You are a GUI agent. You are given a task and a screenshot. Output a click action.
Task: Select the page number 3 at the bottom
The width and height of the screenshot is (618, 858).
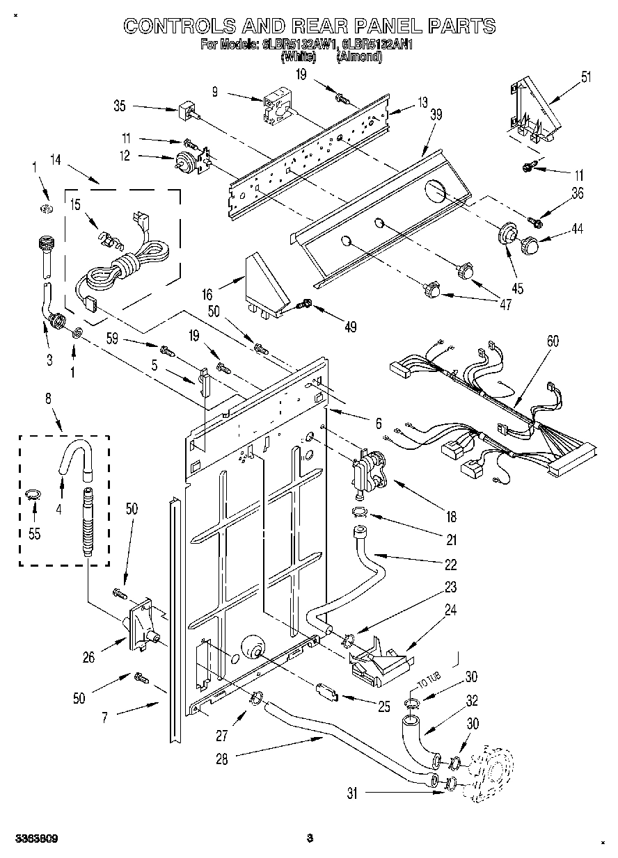[x=310, y=839]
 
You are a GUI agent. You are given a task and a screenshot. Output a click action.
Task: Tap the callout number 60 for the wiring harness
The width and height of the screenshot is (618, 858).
[x=553, y=341]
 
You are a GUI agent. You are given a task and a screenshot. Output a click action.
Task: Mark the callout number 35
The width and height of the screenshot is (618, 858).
[x=119, y=106]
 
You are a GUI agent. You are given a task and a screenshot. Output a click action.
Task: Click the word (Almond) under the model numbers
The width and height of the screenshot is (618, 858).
[x=358, y=58]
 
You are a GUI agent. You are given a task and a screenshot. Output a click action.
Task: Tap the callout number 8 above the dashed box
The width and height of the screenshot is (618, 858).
[x=48, y=399]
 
